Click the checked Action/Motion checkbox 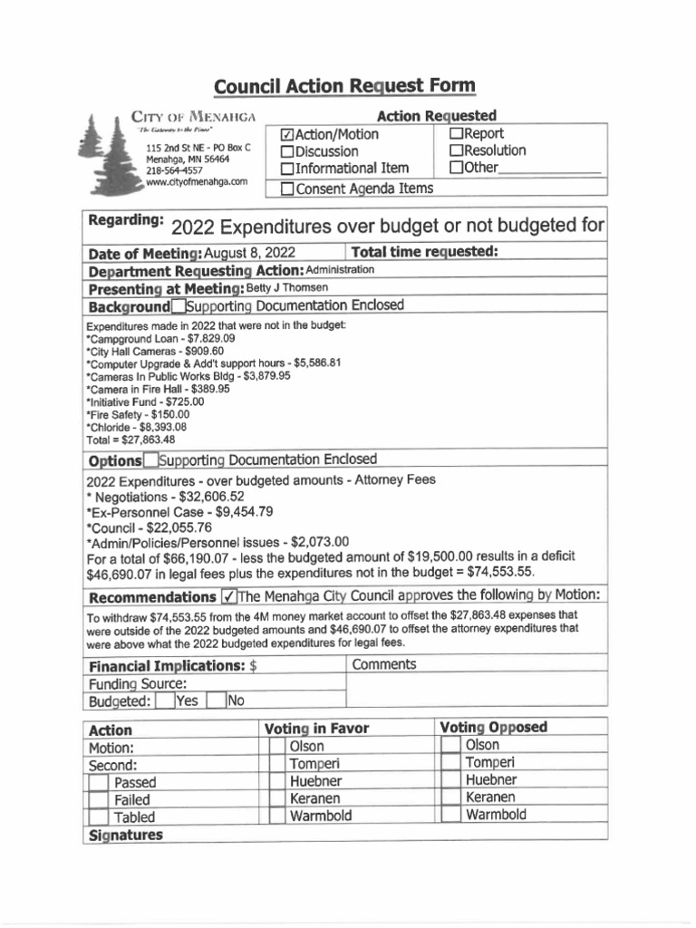coord(287,135)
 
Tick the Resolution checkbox coord(457,150)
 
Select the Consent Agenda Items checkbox coord(287,188)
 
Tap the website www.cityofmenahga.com coord(197,182)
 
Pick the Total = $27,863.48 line coord(130,440)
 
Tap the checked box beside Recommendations coord(229,597)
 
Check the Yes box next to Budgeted coord(164,701)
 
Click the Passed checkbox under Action coord(99,782)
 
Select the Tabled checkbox coord(99,817)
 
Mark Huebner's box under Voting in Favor coord(275,781)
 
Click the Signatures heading coord(125,835)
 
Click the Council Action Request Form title coord(343,87)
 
